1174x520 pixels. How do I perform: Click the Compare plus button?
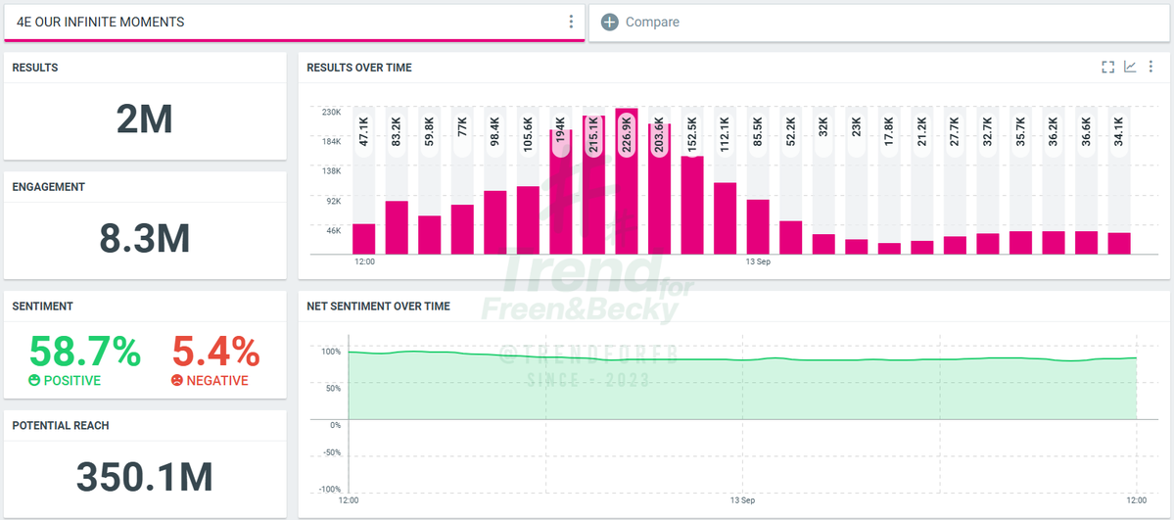(x=609, y=23)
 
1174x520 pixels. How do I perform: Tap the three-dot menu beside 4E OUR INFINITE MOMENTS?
(x=571, y=22)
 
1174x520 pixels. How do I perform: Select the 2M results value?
(x=145, y=119)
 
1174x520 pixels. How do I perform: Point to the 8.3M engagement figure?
(x=145, y=238)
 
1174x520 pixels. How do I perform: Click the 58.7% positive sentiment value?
(x=84, y=352)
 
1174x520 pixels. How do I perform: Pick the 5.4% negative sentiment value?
(x=216, y=352)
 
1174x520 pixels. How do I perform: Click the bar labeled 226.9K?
(x=627, y=181)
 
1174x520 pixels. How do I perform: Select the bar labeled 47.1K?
(x=364, y=239)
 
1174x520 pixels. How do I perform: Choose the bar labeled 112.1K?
(x=725, y=218)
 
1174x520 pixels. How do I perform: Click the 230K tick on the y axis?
(x=332, y=113)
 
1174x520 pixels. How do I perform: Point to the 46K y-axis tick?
(x=333, y=230)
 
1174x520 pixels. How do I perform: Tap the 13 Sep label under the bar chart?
(x=758, y=262)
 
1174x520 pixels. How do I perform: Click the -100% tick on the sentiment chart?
(x=329, y=490)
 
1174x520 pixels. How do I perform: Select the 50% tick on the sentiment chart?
(x=333, y=388)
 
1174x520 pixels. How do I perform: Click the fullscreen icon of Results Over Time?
(x=1108, y=68)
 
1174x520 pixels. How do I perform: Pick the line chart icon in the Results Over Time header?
(x=1130, y=68)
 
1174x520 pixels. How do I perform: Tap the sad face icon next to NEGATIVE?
(x=176, y=381)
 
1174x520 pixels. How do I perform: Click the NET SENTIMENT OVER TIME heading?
(x=378, y=306)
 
